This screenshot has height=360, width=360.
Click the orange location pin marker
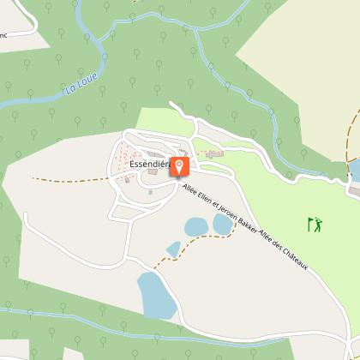pos(181,165)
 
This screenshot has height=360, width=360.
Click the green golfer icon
pos(315,225)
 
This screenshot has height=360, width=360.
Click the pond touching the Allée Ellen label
pos(223,223)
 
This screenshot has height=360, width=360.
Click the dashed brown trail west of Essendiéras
pos(69,180)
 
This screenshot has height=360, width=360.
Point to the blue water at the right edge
pos(355,170)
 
